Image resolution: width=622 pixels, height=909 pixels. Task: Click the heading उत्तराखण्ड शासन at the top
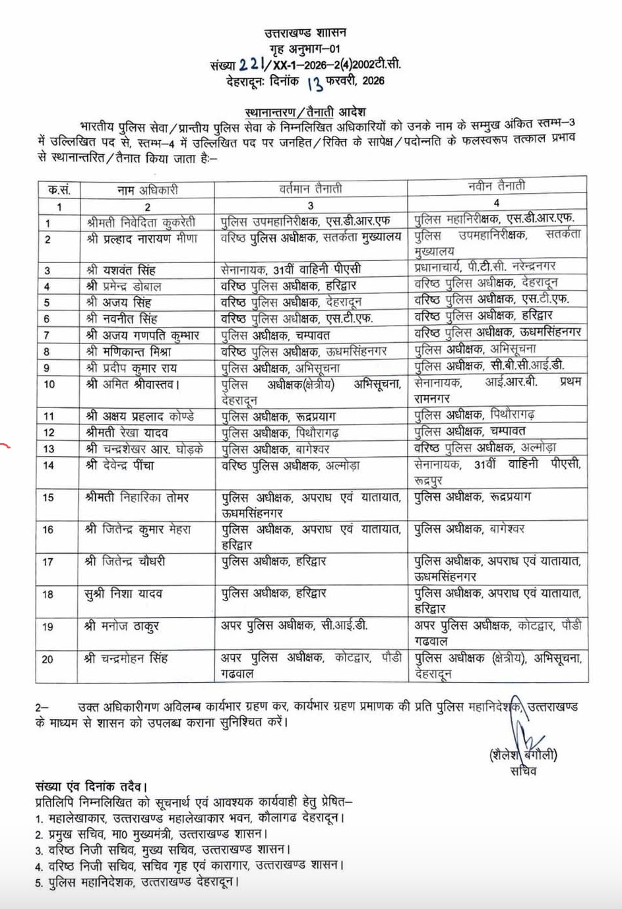(305, 32)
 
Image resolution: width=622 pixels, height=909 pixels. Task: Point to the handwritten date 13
(315, 82)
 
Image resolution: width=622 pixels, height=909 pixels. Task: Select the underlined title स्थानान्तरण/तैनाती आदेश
(305, 111)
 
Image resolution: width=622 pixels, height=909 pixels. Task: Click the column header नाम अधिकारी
(147, 190)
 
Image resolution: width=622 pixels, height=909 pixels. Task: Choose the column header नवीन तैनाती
(496, 187)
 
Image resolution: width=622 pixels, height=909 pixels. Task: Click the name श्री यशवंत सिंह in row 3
(121, 270)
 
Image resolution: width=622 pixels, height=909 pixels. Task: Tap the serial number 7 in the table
(47, 335)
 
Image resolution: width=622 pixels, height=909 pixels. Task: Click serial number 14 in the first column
(48, 465)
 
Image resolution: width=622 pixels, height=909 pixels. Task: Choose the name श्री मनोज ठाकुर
(122, 626)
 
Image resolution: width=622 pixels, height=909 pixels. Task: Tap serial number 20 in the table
(48, 659)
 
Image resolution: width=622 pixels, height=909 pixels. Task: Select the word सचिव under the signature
(524, 771)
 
